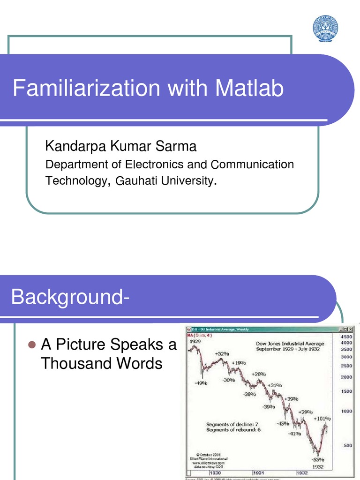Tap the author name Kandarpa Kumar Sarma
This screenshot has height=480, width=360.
(120, 147)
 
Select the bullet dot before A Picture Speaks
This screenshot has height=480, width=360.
(32, 345)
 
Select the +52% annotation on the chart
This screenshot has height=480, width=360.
(222, 353)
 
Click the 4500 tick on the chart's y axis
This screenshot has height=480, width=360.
(346, 337)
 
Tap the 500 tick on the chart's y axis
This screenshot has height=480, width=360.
(348, 446)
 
